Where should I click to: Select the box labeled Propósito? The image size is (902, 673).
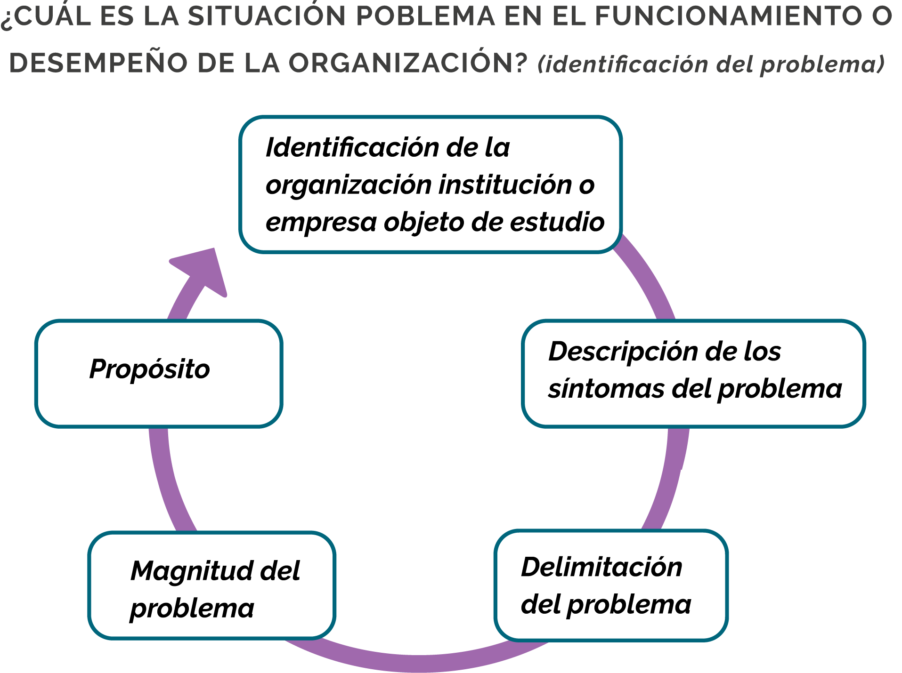159,374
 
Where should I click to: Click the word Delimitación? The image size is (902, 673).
601,567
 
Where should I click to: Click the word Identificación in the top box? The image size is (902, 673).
352,148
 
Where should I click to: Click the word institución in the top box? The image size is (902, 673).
505,184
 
